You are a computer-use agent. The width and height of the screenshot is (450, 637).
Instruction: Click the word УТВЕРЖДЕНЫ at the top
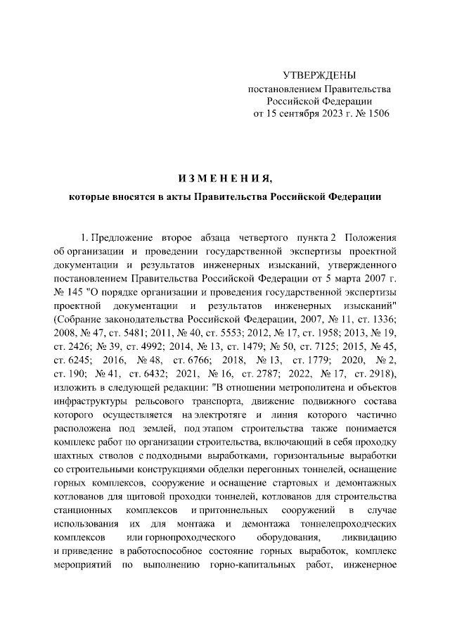pos(319,75)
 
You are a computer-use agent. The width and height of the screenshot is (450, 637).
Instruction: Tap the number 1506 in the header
pos(376,113)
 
